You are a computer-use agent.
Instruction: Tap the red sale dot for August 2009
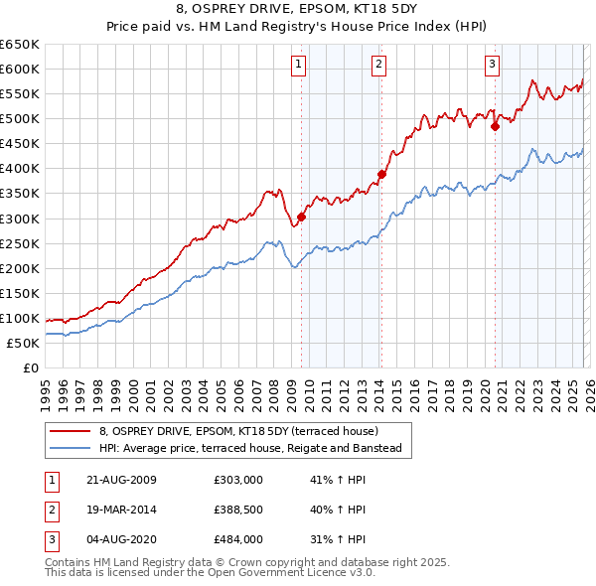pos(302,217)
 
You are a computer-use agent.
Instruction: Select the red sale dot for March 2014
pos(381,174)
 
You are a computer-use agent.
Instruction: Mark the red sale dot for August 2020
pos(494,126)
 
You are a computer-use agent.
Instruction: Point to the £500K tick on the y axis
pos(20,119)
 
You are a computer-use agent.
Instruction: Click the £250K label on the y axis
pos(20,243)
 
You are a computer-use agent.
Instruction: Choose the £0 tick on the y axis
pos(30,368)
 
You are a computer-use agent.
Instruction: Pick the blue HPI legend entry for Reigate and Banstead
pos(249,449)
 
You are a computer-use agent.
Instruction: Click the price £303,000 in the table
pos(238,480)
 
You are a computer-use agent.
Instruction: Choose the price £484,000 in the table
pos(238,539)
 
